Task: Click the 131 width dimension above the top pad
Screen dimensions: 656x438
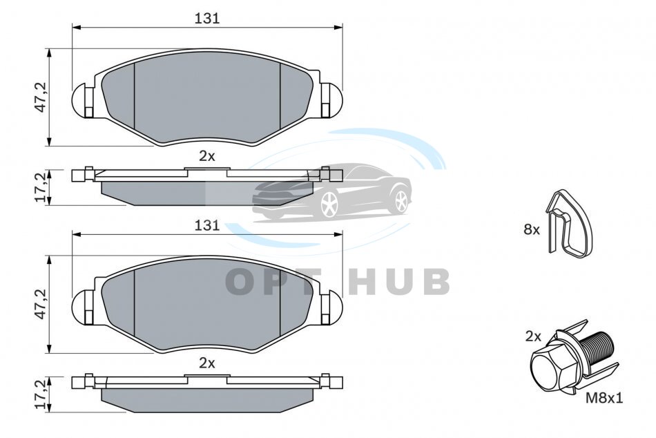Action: (207, 19)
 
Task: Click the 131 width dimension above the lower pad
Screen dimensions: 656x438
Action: (207, 225)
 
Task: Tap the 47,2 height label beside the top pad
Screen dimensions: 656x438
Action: (41, 97)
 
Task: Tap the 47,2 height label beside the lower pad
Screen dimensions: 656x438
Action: (41, 304)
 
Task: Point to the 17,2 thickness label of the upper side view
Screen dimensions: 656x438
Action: (41, 187)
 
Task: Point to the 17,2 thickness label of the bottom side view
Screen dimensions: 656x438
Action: (41, 394)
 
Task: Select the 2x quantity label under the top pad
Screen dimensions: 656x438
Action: (206, 156)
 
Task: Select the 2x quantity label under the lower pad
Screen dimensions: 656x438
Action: (206, 363)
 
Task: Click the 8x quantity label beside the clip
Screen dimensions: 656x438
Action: (532, 229)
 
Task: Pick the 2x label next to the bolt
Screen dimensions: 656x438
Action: (533, 336)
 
